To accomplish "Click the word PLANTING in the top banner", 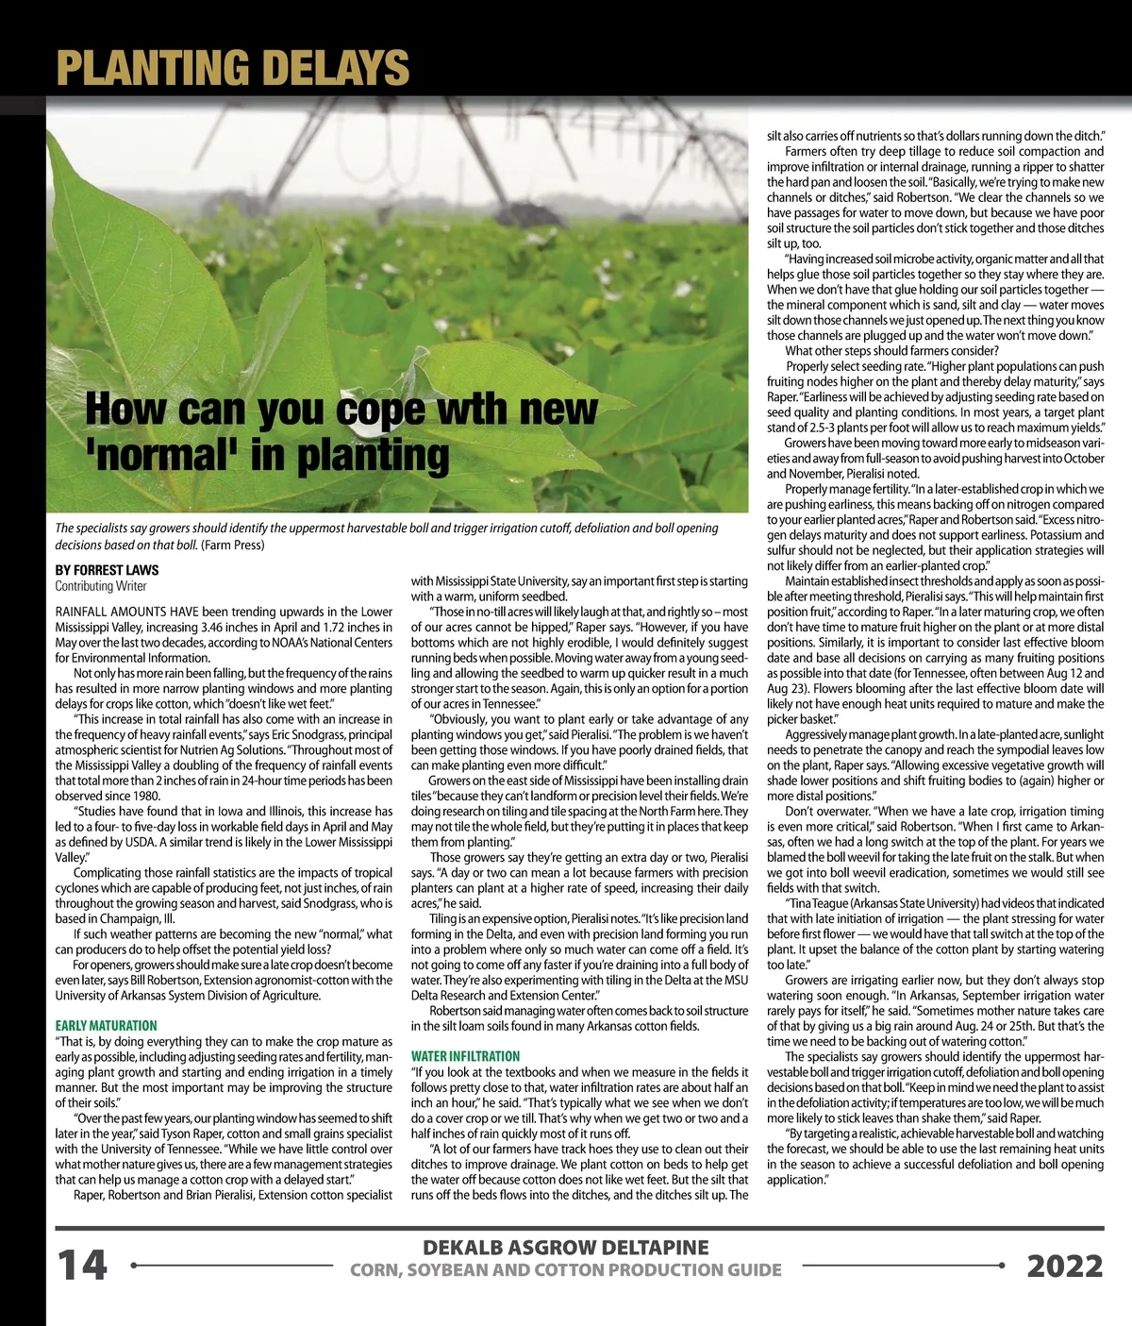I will point(152,68).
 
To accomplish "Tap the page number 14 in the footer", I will point(83,1265).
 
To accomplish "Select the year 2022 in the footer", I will point(1064,1266).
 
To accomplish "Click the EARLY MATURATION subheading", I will point(106,1026).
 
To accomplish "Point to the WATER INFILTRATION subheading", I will point(465,1056).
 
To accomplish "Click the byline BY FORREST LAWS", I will point(107,570).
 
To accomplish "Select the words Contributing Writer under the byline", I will point(101,586).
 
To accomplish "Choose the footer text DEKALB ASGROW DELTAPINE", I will point(565,1248).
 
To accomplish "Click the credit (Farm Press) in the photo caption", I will point(232,545).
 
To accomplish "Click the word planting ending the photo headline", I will point(374,455).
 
